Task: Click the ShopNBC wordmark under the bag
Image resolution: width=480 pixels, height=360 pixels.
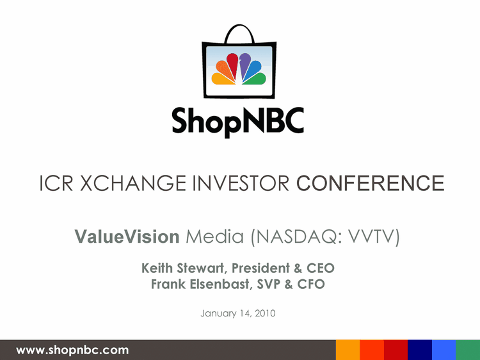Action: pyautogui.click(x=238, y=121)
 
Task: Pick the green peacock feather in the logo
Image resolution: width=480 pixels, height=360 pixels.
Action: pyautogui.click(x=255, y=79)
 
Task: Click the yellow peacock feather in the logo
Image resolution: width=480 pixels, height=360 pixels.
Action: pyautogui.click(x=223, y=79)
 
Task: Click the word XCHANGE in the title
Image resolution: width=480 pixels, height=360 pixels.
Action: pyautogui.click(x=133, y=183)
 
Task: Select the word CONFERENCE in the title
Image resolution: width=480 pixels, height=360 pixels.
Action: pyautogui.click(x=370, y=183)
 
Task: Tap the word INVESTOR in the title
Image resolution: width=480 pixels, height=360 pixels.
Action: pyautogui.click(x=241, y=183)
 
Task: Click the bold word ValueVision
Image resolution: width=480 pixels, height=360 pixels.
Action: pyautogui.click(x=127, y=236)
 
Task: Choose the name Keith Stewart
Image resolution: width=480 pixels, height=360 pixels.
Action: pyautogui.click(x=182, y=268)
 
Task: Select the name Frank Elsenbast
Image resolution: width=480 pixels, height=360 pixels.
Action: pyautogui.click(x=200, y=284)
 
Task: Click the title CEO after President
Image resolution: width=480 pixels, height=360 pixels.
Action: pyautogui.click(x=320, y=268)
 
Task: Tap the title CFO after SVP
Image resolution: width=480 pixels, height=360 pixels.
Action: pyautogui.click(x=310, y=284)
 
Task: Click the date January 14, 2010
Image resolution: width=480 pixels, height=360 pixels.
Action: pyautogui.click(x=238, y=313)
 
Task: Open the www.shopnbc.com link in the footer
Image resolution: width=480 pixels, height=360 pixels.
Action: pyautogui.click(x=72, y=350)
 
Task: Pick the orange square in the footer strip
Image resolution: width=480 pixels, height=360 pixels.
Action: pyautogui.click(x=348, y=350)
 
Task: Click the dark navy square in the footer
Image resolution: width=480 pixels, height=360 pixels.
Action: pyautogui.click(x=420, y=350)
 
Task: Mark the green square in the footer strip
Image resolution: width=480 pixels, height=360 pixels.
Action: pyautogui.click(x=468, y=350)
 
